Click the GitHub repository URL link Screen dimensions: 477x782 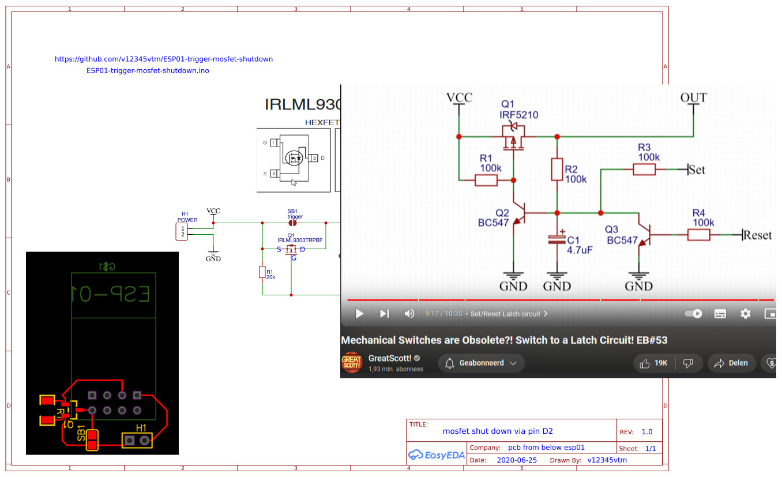point(164,59)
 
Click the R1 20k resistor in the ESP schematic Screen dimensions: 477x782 point(262,272)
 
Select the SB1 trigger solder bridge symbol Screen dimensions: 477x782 point(292,223)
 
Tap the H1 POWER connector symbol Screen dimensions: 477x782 point(182,232)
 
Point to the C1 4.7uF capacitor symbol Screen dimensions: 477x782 point(557,240)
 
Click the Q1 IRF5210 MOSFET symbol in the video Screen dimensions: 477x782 point(513,137)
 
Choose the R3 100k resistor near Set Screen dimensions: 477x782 point(644,169)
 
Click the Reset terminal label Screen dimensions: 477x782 point(757,235)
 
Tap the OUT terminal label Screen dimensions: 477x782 point(693,98)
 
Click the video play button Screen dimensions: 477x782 point(359,314)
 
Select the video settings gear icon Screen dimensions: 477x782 point(746,314)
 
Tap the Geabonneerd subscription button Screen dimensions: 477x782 point(482,363)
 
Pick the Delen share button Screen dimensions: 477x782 point(731,363)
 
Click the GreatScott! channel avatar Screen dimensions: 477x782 point(352,363)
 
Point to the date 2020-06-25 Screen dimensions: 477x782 point(517,460)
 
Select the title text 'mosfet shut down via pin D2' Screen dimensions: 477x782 point(498,431)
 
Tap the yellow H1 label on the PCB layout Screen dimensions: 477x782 point(141,428)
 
